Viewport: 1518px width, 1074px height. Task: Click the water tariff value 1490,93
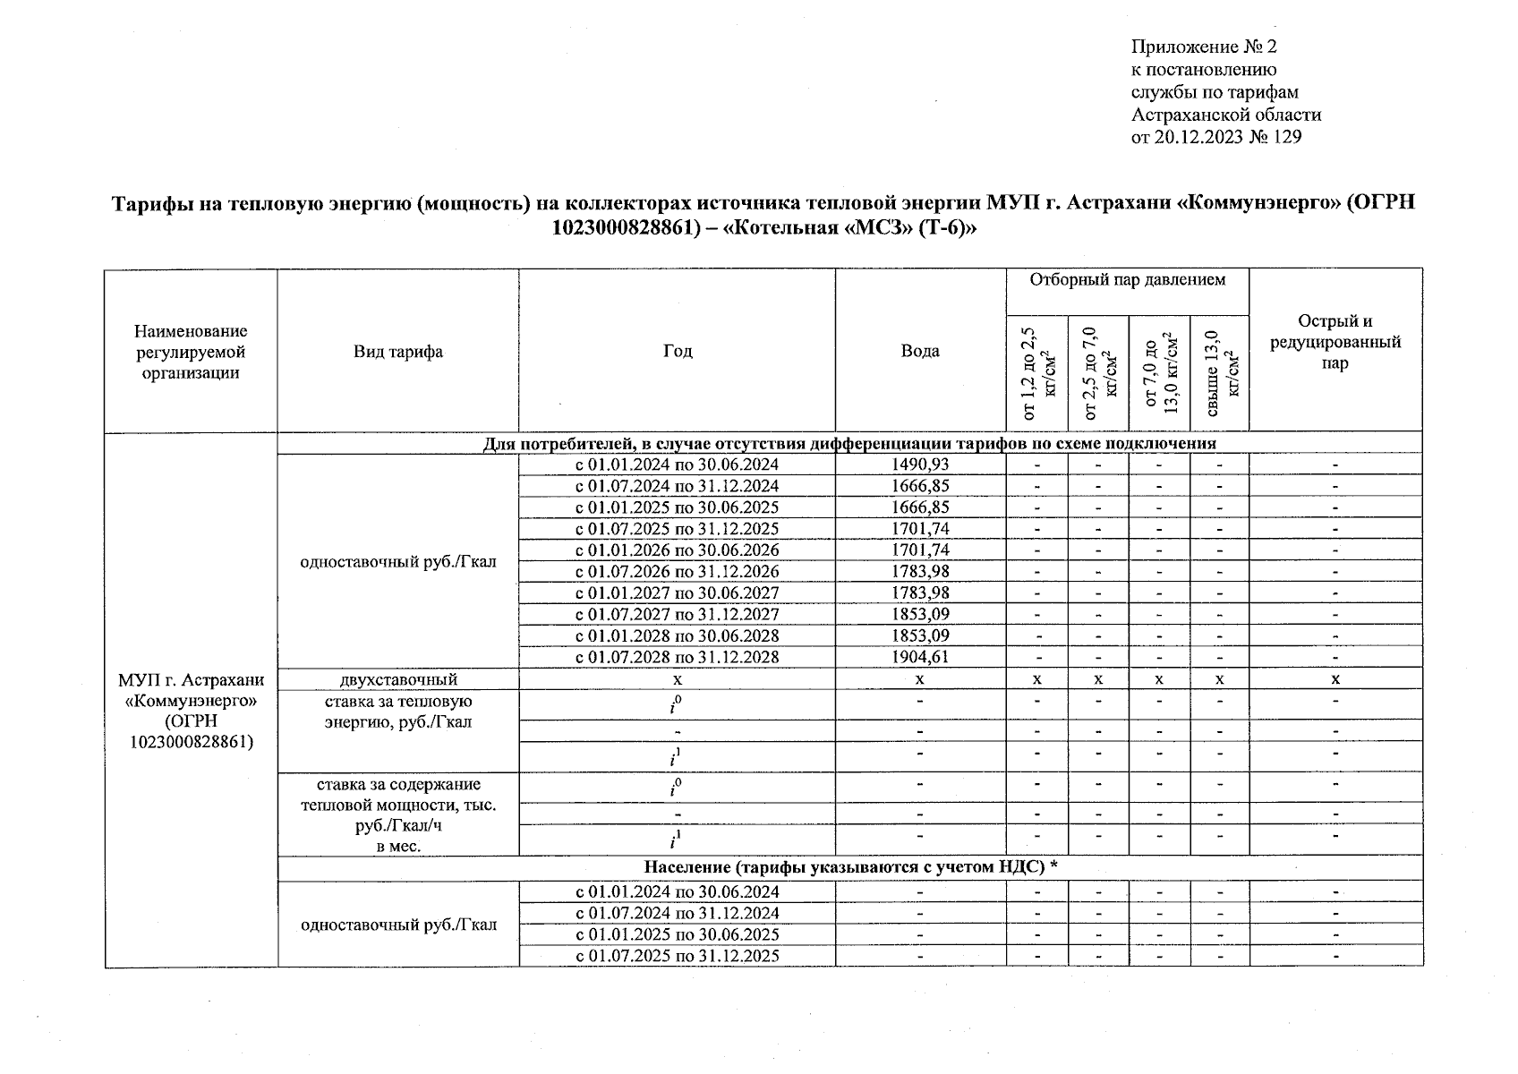tap(920, 465)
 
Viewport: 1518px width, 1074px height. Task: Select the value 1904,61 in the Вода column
tap(920, 657)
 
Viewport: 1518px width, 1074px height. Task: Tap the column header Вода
tap(920, 352)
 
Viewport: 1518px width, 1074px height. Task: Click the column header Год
tap(678, 352)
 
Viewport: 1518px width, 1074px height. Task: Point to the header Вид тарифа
tap(397, 352)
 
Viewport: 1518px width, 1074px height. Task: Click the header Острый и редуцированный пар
tap(1335, 342)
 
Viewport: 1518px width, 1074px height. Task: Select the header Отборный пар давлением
tap(1127, 281)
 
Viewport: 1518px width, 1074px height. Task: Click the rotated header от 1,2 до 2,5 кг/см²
tap(1036, 374)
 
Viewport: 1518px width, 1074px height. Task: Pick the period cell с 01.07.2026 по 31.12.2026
tap(677, 571)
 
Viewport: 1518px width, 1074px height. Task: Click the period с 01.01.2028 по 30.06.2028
tap(677, 635)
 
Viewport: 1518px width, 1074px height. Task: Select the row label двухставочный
tap(398, 679)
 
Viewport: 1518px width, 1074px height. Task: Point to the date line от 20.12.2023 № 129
tap(1215, 137)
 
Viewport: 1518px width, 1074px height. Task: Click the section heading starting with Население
tap(850, 866)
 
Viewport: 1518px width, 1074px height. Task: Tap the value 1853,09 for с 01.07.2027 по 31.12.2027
tap(920, 614)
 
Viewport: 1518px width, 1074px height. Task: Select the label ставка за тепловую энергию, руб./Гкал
tap(398, 712)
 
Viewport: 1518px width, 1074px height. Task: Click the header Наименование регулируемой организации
tap(191, 352)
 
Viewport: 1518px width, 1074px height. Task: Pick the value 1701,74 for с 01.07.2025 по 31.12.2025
tap(920, 529)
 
